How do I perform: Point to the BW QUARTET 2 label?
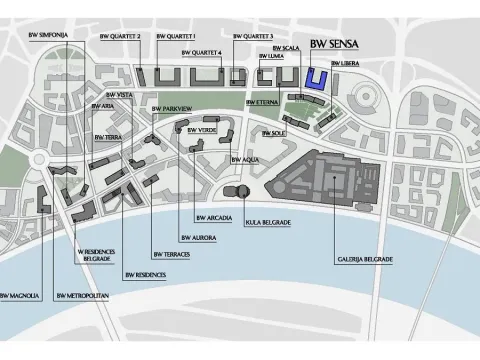[148, 36]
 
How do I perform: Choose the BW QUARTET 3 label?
[253, 36]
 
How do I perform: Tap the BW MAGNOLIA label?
[19, 296]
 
